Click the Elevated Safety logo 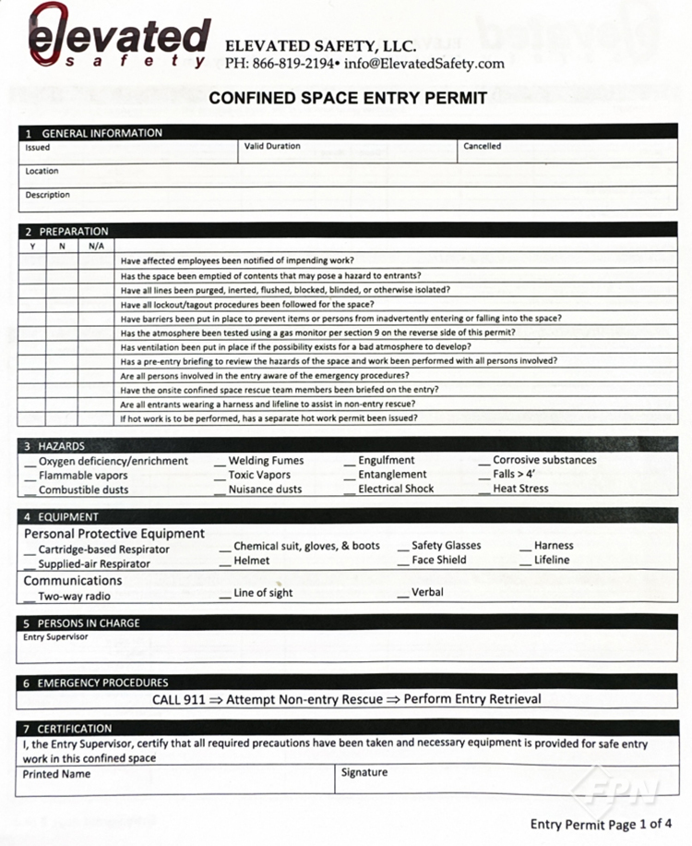(118, 38)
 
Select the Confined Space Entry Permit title (348, 98)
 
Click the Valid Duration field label (272, 146)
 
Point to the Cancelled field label (483, 146)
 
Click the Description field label (47, 195)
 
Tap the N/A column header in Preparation (96, 247)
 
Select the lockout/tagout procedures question (247, 304)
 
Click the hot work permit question (268, 417)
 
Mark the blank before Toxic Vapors (221, 475)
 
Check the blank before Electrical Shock (350, 489)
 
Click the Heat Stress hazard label (520, 489)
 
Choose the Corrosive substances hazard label (544, 460)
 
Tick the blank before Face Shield (403, 561)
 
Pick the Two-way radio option (74, 597)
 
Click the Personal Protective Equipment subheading (114, 534)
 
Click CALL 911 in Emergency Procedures (179, 699)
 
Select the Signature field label (364, 772)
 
